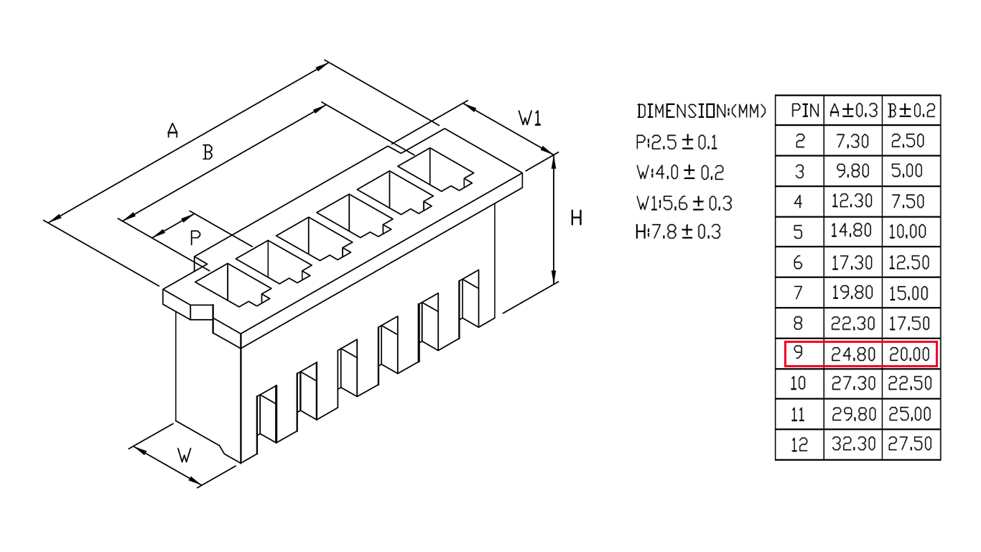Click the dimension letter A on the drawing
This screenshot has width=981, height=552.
point(172,130)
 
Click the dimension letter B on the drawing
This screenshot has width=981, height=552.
point(208,152)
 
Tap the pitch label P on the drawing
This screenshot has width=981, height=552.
point(195,238)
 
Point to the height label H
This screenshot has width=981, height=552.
point(576,218)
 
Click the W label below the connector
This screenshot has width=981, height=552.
point(185,456)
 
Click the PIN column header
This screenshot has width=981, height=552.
point(804,111)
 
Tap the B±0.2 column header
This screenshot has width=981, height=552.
point(911,111)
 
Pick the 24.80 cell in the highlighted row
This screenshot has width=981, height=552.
point(853,354)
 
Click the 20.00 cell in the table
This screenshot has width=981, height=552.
point(909,354)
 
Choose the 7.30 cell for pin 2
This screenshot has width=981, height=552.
point(852,141)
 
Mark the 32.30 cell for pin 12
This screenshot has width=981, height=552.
point(853,444)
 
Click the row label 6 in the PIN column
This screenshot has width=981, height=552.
point(798,263)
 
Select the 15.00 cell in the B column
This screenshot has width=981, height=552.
point(908,293)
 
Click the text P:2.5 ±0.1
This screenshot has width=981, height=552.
point(677,142)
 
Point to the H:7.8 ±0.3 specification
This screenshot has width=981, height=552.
point(678,232)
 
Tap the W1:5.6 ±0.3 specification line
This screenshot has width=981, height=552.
point(684,203)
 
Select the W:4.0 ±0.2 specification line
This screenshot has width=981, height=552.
point(679,172)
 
